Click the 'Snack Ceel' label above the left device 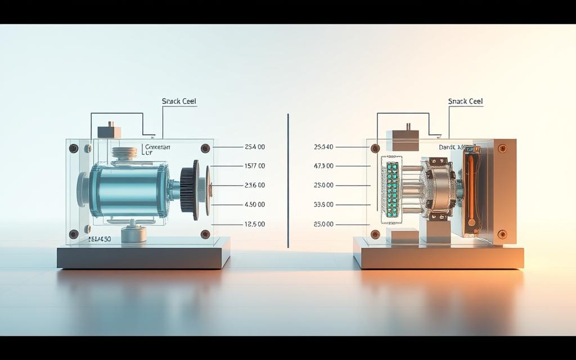(x=179, y=101)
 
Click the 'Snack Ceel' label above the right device (x=465, y=101)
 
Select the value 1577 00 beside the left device (x=254, y=166)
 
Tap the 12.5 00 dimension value (x=254, y=224)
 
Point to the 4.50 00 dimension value (x=254, y=205)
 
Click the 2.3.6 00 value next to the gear (x=254, y=185)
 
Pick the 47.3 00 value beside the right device (x=323, y=166)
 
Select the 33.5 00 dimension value (x=323, y=205)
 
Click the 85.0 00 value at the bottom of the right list (x=323, y=224)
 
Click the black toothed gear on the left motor (x=189, y=190)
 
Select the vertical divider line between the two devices (x=288, y=180)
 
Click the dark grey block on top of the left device (x=109, y=132)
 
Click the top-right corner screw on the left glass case (x=205, y=148)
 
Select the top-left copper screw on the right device (x=375, y=148)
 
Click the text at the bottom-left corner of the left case (x=100, y=239)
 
